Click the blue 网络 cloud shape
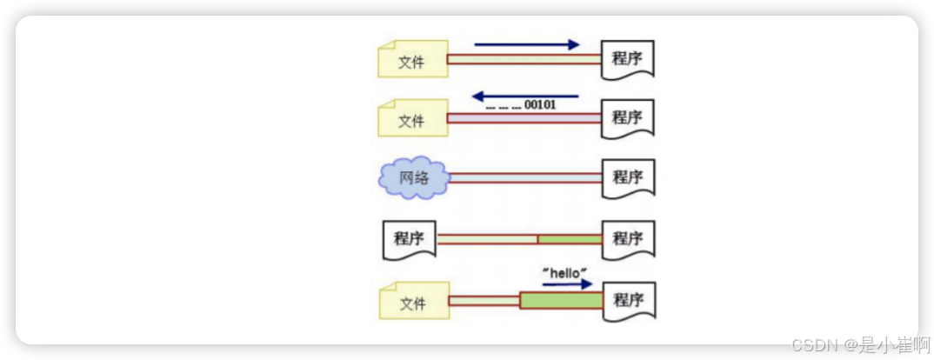pyautogui.click(x=413, y=178)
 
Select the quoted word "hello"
pyautogui.click(x=565, y=272)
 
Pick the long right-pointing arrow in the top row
pyautogui.click(x=527, y=44)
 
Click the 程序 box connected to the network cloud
pyautogui.click(x=628, y=178)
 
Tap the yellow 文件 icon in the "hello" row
pyautogui.click(x=412, y=303)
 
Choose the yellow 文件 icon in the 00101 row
pyautogui.click(x=412, y=119)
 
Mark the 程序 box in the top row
pyautogui.click(x=628, y=60)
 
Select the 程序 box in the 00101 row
pyautogui.click(x=628, y=118)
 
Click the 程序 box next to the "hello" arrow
pyautogui.click(x=628, y=301)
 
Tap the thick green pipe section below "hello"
pyautogui.click(x=561, y=301)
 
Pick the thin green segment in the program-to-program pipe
pyautogui.click(x=570, y=239)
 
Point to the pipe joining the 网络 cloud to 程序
pyautogui.click(x=524, y=178)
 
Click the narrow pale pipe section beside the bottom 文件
pyautogui.click(x=484, y=302)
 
